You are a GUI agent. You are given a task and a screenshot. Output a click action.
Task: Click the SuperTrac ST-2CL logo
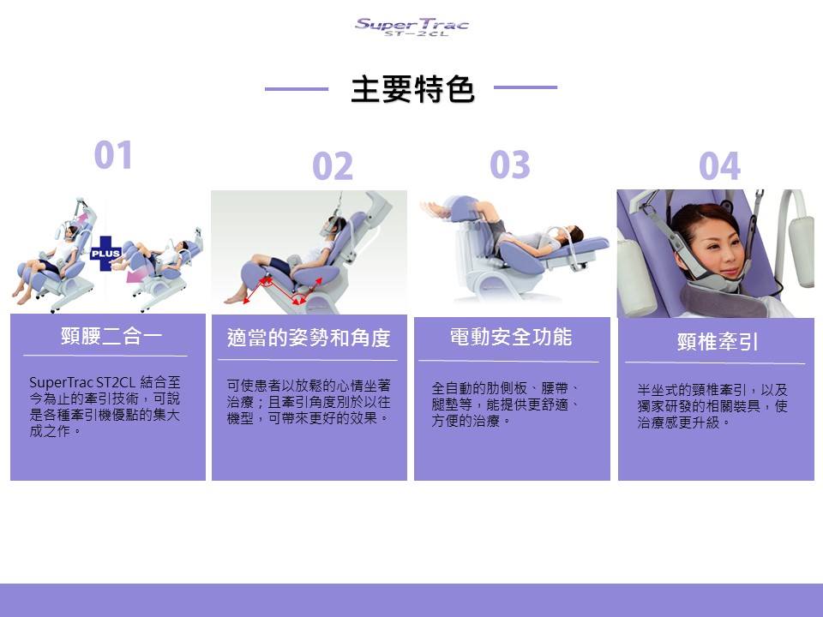(411, 27)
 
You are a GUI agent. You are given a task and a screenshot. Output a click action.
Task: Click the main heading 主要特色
(412, 89)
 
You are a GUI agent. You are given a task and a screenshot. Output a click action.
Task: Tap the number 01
(113, 155)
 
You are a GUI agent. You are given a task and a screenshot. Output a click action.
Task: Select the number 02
(333, 166)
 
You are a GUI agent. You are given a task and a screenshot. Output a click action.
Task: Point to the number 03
(509, 165)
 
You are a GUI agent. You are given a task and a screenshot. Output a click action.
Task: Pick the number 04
(719, 166)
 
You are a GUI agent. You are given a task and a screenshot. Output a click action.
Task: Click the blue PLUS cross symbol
(105, 254)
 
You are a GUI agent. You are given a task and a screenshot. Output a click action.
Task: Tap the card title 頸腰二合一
(111, 336)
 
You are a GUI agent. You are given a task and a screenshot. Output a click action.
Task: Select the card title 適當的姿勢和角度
(309, 338)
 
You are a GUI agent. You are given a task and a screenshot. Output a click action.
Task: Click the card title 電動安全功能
(511, 337)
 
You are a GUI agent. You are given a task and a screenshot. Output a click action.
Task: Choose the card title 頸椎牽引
(718, 342)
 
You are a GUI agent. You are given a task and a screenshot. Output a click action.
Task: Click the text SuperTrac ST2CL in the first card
(82, 382)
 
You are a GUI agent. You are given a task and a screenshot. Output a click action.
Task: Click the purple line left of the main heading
(297, 88)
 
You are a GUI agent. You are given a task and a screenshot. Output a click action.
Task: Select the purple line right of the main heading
(526, 87)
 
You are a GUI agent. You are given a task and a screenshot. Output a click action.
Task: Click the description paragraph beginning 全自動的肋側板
(506, 404)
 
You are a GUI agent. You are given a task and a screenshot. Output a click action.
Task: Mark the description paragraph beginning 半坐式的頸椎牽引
(712, 406)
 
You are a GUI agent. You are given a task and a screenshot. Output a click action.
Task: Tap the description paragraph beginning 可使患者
(309, 402)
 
